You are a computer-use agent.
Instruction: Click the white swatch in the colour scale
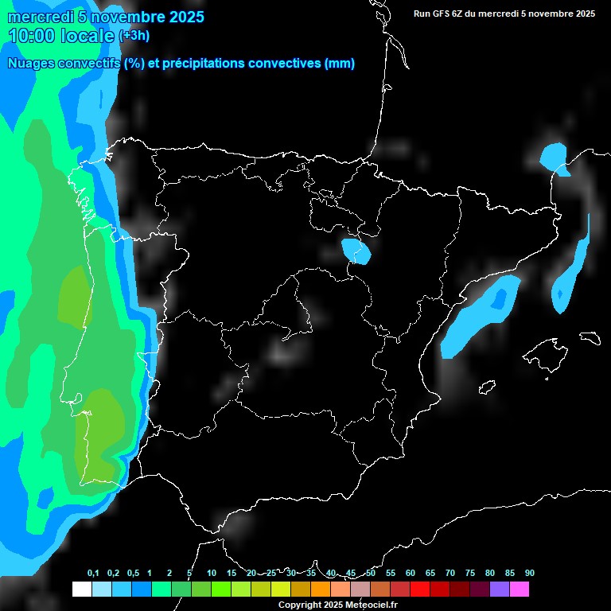click(81, 589)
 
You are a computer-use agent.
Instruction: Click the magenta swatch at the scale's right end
click(519, 589)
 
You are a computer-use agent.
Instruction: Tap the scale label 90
click(529, 574)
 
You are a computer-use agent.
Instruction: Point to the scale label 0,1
click(93, 574)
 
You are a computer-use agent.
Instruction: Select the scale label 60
click(411, 574)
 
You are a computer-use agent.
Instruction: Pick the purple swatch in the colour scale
click(499, 589)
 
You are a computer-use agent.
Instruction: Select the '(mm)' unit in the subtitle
click(340, 64)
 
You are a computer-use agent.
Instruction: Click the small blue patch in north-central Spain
click(356, 251)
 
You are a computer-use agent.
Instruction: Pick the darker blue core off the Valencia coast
click(500, 298)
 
